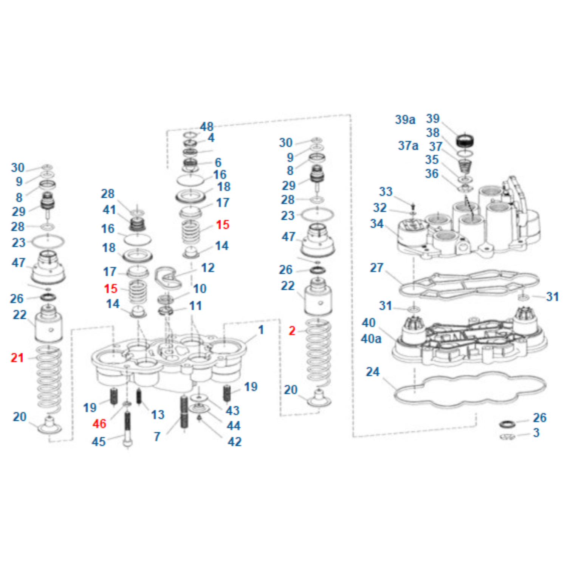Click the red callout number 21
[x=17, y=358]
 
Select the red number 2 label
[x=292, y=331]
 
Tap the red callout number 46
[x=99, y=424]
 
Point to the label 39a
[x=405, y=120]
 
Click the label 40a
[x=371, y=339]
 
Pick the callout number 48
[x=206, y=127]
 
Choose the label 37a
[x=408, y=146]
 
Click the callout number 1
[x=261, y=330]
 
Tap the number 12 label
[x=208, y=268]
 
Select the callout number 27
[x=376, y=268]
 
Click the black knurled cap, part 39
[x=465, y=141]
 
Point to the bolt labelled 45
[x=127, y=429]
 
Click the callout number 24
[x=373, y=372]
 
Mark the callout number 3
[x=536, y=433]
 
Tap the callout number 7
[x=157, y=437]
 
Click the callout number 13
[x=158, y=415]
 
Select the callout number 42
[x=234, y=442]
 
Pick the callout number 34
[x=377, y=224]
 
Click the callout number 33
[x=386, y=192]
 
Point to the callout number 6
[x=218, y=163]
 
